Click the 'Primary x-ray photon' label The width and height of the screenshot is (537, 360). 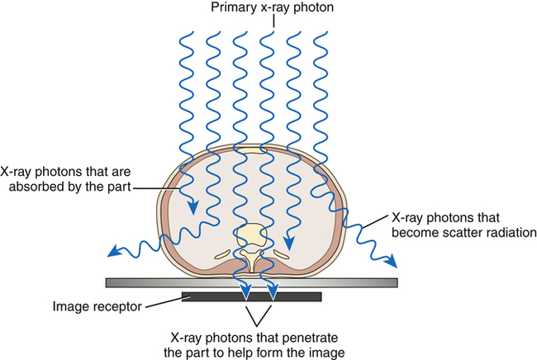coord(268,9)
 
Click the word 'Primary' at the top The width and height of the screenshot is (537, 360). coord(235,9)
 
